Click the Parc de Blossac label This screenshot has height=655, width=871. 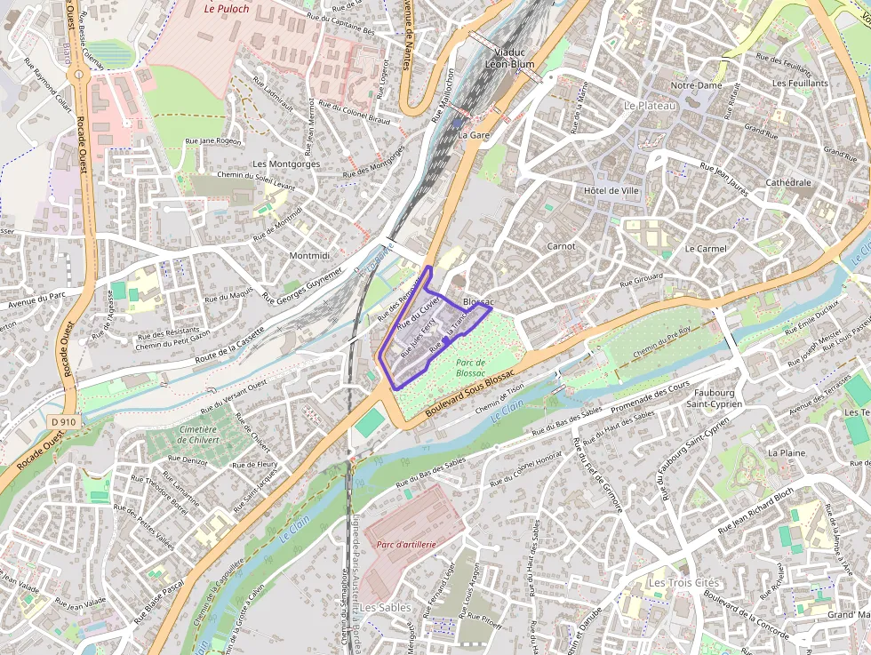470,368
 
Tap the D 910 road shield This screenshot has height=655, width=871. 64,423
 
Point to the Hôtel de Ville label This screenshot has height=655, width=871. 612,191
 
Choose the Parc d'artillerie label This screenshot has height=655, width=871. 406,544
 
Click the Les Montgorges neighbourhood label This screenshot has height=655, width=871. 286,164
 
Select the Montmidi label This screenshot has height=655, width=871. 309,255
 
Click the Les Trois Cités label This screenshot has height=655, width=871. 683,583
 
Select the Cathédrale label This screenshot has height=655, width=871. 788,182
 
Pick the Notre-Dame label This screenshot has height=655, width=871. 696,85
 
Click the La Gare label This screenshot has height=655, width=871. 475,135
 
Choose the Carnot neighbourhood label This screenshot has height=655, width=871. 561,246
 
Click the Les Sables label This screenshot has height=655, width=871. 385,607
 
